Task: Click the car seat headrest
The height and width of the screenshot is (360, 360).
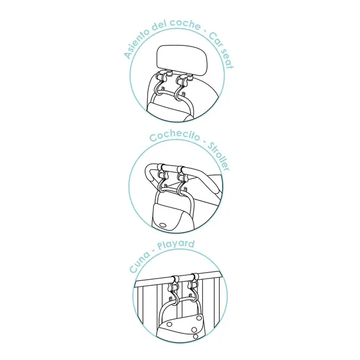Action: [182, 60]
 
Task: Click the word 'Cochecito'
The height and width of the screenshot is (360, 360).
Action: [174, 136]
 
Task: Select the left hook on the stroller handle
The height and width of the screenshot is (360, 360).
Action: [163, 177]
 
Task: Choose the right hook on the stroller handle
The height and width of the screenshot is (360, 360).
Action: [183, 179]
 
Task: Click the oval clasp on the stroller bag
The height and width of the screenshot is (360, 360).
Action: [163, 225]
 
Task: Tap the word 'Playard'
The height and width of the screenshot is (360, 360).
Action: [176, 245]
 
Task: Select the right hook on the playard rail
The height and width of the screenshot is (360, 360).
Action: [193, 287]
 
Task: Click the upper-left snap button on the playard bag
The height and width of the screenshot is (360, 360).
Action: [170, 325]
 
